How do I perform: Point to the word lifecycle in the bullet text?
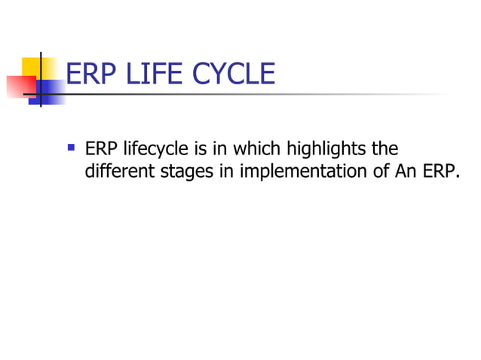tap(148, 148)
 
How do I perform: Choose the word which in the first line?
tap(256, 148)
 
